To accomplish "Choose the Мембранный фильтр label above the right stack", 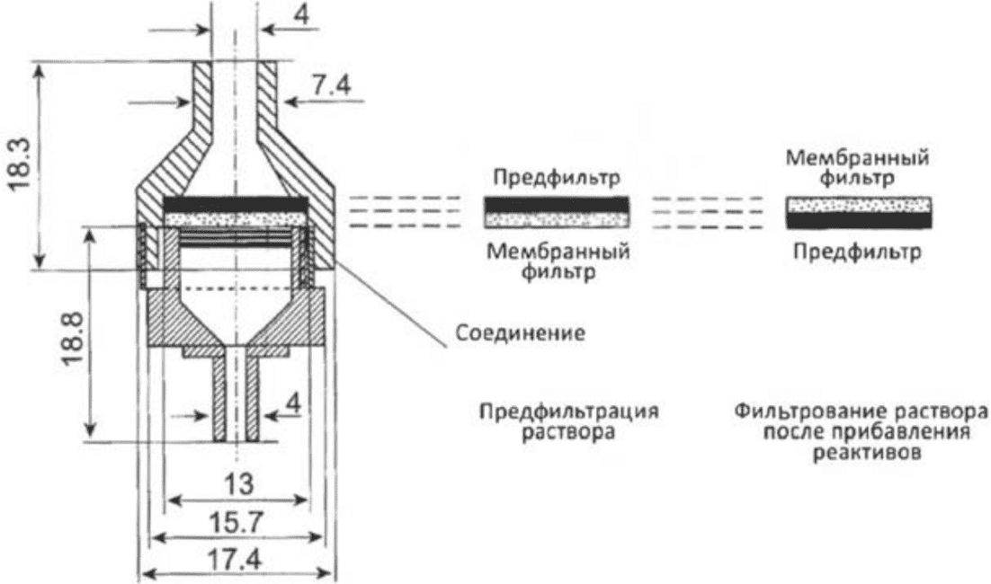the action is pyautogui.click(x=858, y=168).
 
